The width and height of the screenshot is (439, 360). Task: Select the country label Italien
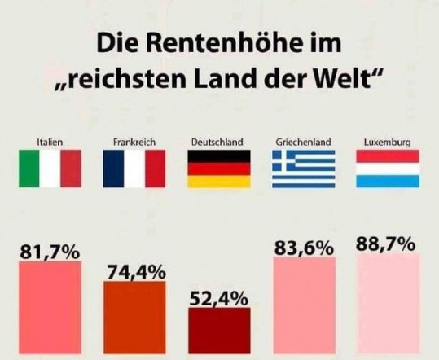[x=50, y=143]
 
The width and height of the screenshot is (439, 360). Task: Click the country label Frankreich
[x=134, y=143]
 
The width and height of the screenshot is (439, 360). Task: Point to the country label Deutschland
[x=217, y=143]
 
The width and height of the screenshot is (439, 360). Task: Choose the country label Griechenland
[x=303, y=143]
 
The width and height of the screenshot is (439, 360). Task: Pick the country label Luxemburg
[x=387, y=143]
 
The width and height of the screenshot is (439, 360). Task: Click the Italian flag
[x=50, y=169]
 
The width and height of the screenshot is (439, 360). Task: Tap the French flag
[x=134, y=169]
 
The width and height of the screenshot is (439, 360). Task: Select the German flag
[x=218, y=169]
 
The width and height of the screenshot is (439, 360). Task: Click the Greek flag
[x=303, y=169]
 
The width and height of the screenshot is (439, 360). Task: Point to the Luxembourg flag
[x=388, y=169]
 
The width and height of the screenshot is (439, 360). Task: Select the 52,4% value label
[x=218, y=299]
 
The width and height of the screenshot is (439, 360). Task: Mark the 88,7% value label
[x=387, y=244]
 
